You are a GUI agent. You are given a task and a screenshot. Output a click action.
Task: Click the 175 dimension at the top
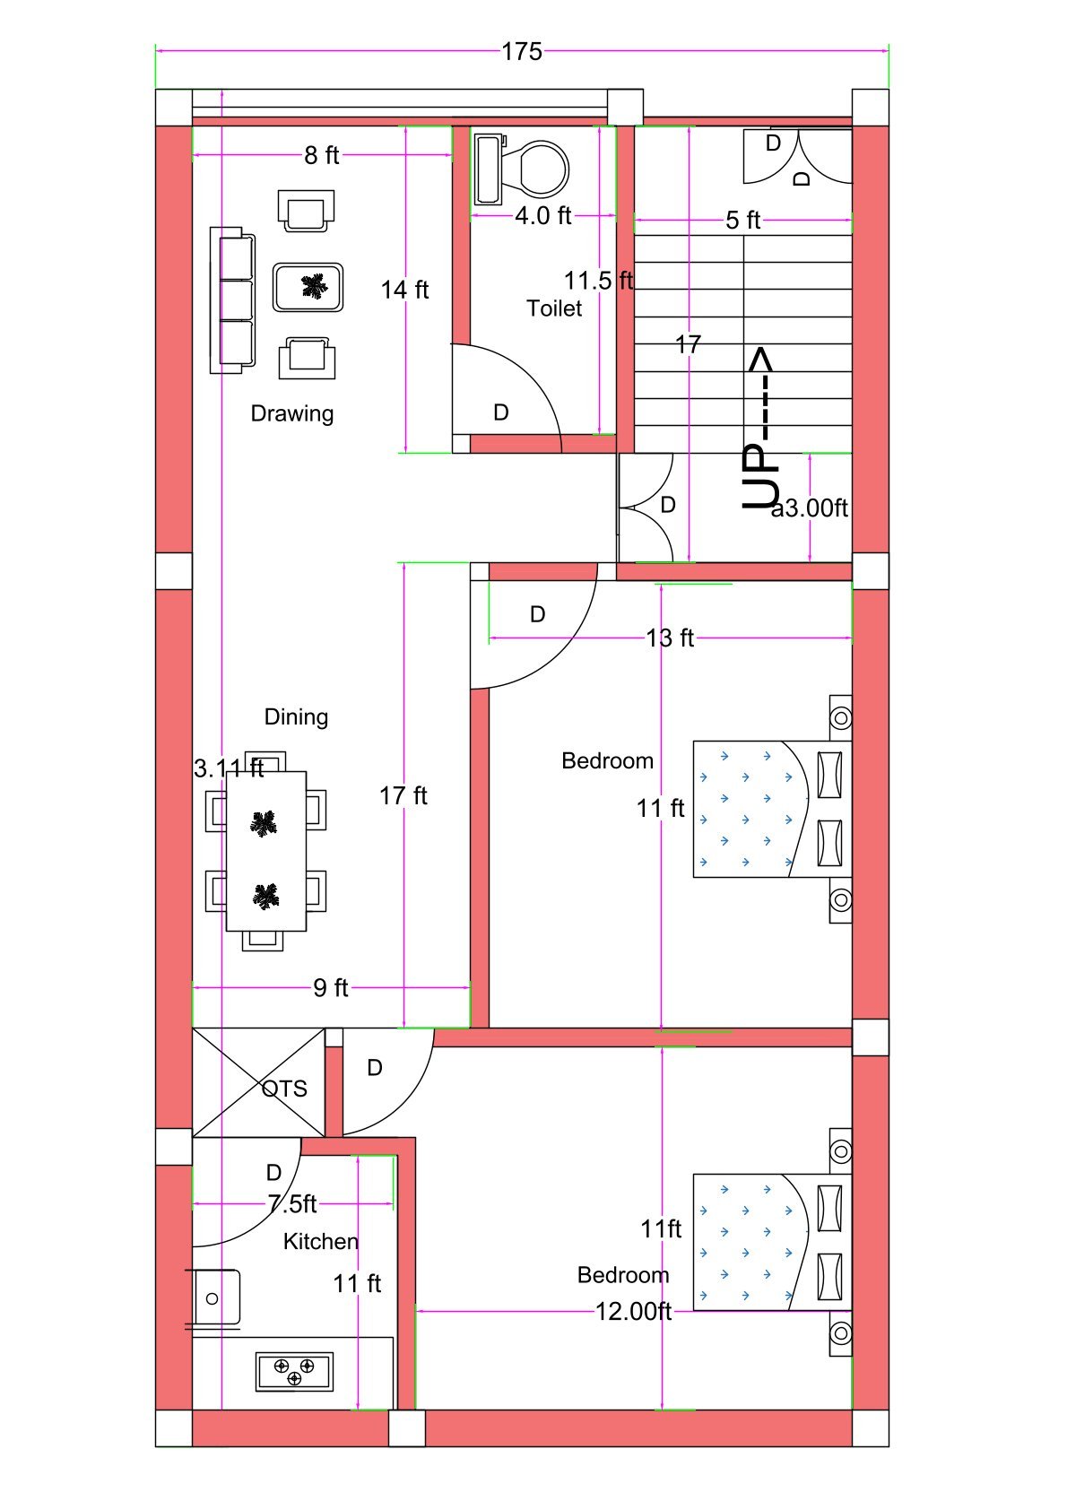522,52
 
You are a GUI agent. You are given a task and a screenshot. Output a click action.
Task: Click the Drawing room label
291,413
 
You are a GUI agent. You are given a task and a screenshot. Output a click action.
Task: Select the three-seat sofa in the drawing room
232,300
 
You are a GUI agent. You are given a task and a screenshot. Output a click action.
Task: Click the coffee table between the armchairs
308,287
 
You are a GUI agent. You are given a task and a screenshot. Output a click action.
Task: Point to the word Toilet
554,308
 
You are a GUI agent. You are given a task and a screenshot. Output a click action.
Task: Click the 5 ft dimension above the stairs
742,220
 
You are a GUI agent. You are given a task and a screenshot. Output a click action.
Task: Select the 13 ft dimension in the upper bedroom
670,638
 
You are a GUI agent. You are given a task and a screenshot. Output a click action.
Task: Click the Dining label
296,716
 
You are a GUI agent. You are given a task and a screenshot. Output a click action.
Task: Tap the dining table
265,850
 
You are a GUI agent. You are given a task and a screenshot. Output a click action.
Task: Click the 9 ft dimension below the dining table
330,987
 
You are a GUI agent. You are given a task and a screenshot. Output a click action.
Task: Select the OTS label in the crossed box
284,1089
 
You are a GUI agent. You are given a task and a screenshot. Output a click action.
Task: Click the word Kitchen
320,1241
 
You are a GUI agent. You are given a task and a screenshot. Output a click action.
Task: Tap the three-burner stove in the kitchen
294,1371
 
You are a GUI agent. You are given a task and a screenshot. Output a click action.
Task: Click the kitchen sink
216,1297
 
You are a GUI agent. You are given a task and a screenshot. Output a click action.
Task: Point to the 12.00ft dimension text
633,1311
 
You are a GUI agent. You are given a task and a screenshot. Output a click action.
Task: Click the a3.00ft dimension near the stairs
810,508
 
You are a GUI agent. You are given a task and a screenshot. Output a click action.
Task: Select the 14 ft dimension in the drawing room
404,290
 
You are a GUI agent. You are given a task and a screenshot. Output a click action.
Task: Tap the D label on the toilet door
501,412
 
